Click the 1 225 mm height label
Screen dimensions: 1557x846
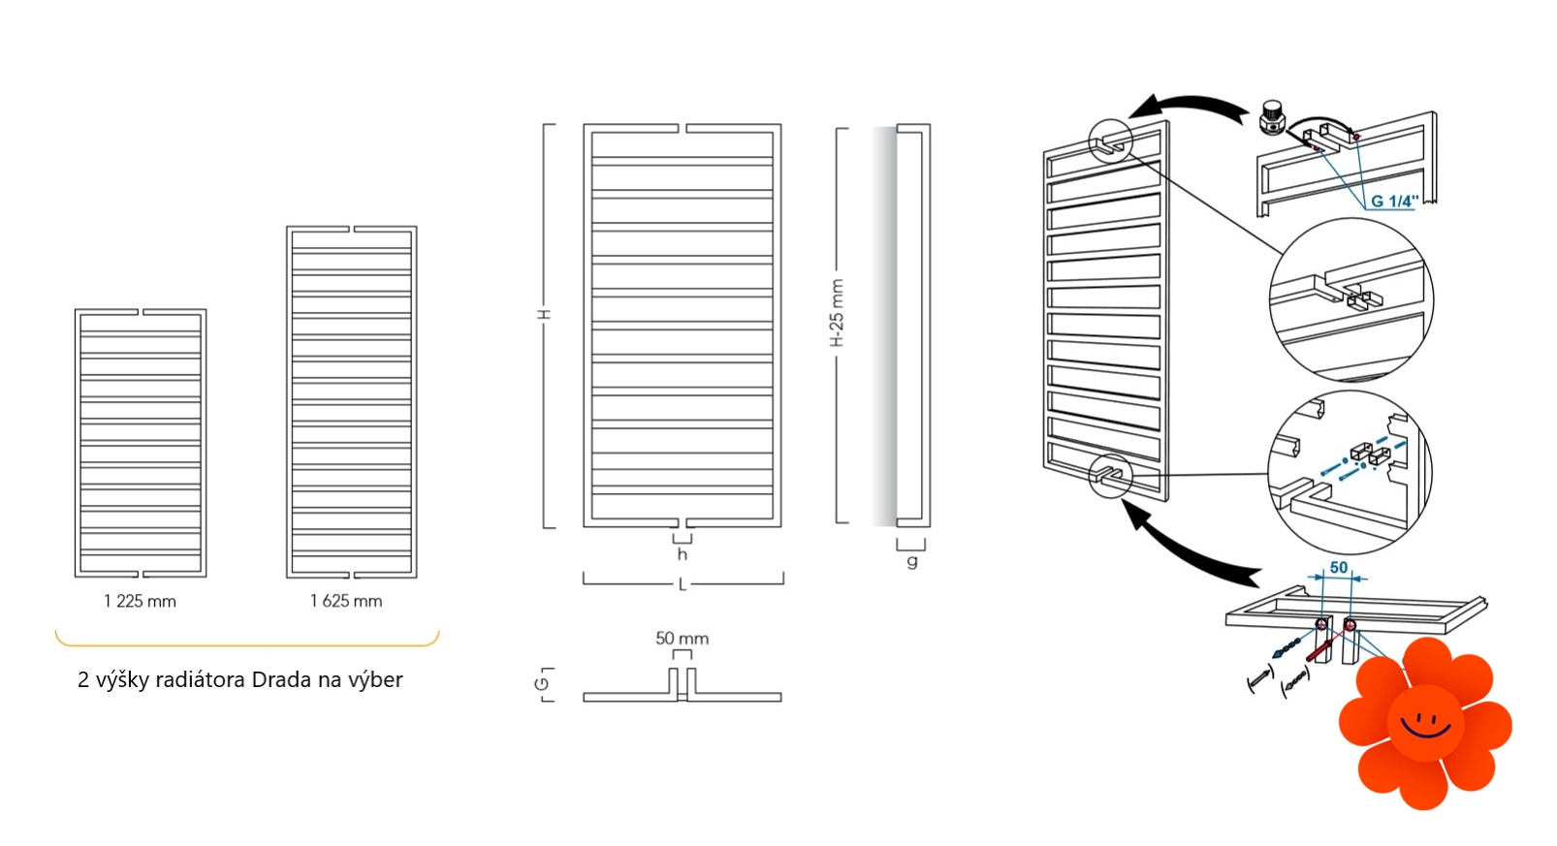click(140, 602)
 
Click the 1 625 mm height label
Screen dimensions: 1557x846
click(346, 602)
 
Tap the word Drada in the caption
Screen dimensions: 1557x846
click(282, 679)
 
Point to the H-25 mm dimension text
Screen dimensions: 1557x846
click(838, 313)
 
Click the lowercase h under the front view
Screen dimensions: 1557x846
click(683, 554)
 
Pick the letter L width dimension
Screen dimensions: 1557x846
click(683, 585)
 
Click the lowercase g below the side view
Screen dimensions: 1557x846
click(912, 560)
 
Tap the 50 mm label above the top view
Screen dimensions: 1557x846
click(682, 639)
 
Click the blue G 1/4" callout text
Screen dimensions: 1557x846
click(1394, 202)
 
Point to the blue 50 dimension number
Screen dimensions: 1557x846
click(1339, 568)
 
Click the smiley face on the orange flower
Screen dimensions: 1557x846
click(1425, 725)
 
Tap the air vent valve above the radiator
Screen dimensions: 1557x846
click(1273, 118)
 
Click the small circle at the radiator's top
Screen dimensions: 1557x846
click(1110, 141)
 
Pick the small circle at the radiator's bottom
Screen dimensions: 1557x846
click(1110, 476)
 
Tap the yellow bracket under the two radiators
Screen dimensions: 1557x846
click(247, 643)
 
